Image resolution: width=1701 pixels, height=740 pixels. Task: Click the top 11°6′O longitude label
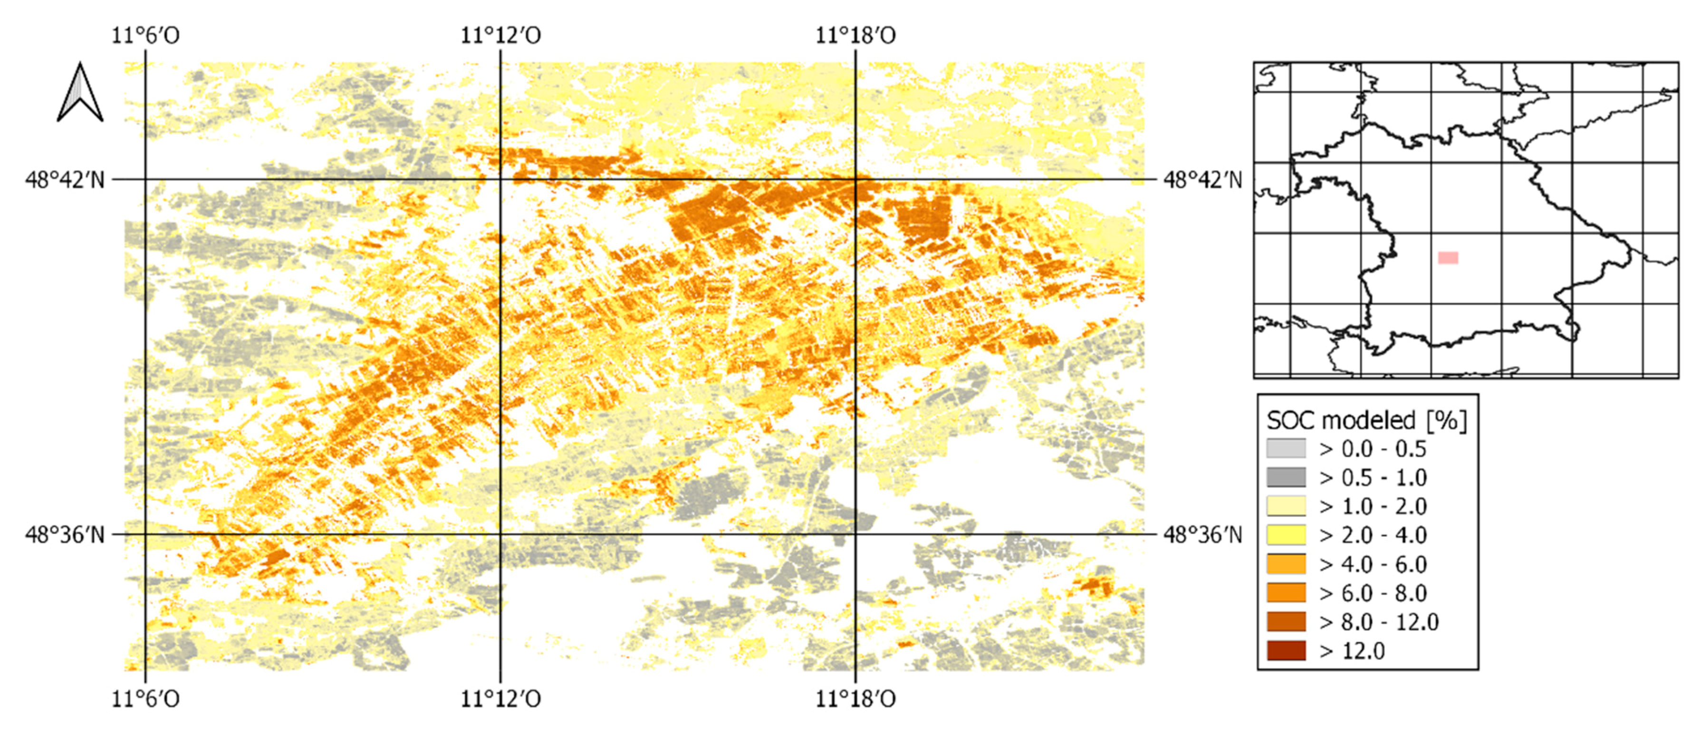coord(145,35)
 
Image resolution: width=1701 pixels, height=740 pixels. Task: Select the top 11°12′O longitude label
coord(500,35)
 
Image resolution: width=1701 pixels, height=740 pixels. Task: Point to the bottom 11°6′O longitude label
coord(145,698)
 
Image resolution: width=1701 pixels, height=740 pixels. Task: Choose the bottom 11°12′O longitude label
coord(500,698)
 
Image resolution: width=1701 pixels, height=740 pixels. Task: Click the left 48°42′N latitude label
coord(65,180)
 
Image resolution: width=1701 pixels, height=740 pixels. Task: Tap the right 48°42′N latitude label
coord(1202,180)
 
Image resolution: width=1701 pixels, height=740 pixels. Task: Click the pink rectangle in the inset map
coord(1448,257)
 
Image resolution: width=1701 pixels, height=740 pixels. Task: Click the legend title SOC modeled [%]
coord(1366,420)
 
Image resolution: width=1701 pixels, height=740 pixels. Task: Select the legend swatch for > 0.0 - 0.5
coord(1286,449)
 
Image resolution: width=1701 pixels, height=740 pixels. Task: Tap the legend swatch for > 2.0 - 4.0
coord(1286,535)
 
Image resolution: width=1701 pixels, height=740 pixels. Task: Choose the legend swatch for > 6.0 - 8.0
coord(1286,593)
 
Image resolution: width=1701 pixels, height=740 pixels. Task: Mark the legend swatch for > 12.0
coord(1286,651)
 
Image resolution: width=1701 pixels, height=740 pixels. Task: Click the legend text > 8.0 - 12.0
coord(1379,622)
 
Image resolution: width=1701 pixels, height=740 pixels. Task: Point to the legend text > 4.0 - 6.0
coord(1373,564)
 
